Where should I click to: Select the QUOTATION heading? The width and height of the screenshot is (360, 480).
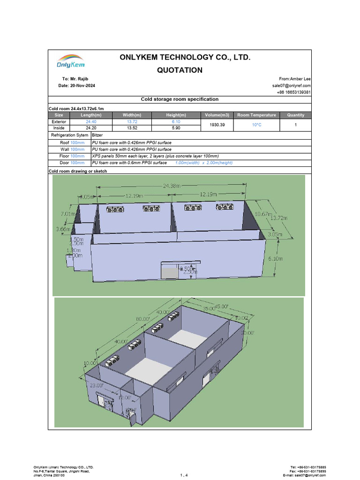[x=180, y=70]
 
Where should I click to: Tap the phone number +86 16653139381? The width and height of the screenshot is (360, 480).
[x=294, y=92]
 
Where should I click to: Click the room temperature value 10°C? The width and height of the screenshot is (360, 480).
[x=256, y=125]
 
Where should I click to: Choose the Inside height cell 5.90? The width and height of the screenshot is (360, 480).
[x=176, y=127]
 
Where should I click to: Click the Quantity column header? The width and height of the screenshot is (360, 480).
[x=296, y=115]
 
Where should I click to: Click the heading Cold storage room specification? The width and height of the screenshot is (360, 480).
[x=180, y=99]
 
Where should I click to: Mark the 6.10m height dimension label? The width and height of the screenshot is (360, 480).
[x=288, y=258]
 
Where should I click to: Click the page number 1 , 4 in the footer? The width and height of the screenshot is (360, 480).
[x=184, y=475]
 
